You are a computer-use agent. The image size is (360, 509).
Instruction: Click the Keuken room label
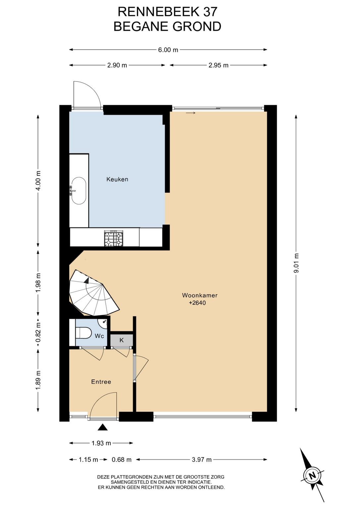117,179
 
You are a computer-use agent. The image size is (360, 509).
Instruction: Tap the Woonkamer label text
200,295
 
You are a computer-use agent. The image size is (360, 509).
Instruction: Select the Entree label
101,382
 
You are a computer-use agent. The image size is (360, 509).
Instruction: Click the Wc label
99,336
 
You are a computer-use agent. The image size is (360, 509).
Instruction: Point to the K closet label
122,340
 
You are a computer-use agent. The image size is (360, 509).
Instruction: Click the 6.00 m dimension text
168,50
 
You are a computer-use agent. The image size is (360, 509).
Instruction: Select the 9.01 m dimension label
296,263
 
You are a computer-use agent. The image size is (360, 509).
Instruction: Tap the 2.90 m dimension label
117,65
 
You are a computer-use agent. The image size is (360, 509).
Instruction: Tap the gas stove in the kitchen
114,238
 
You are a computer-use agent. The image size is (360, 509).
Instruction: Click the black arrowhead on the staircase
87,280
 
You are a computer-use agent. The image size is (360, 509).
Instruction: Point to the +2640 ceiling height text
197,303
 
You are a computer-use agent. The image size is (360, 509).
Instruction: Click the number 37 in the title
210,12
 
